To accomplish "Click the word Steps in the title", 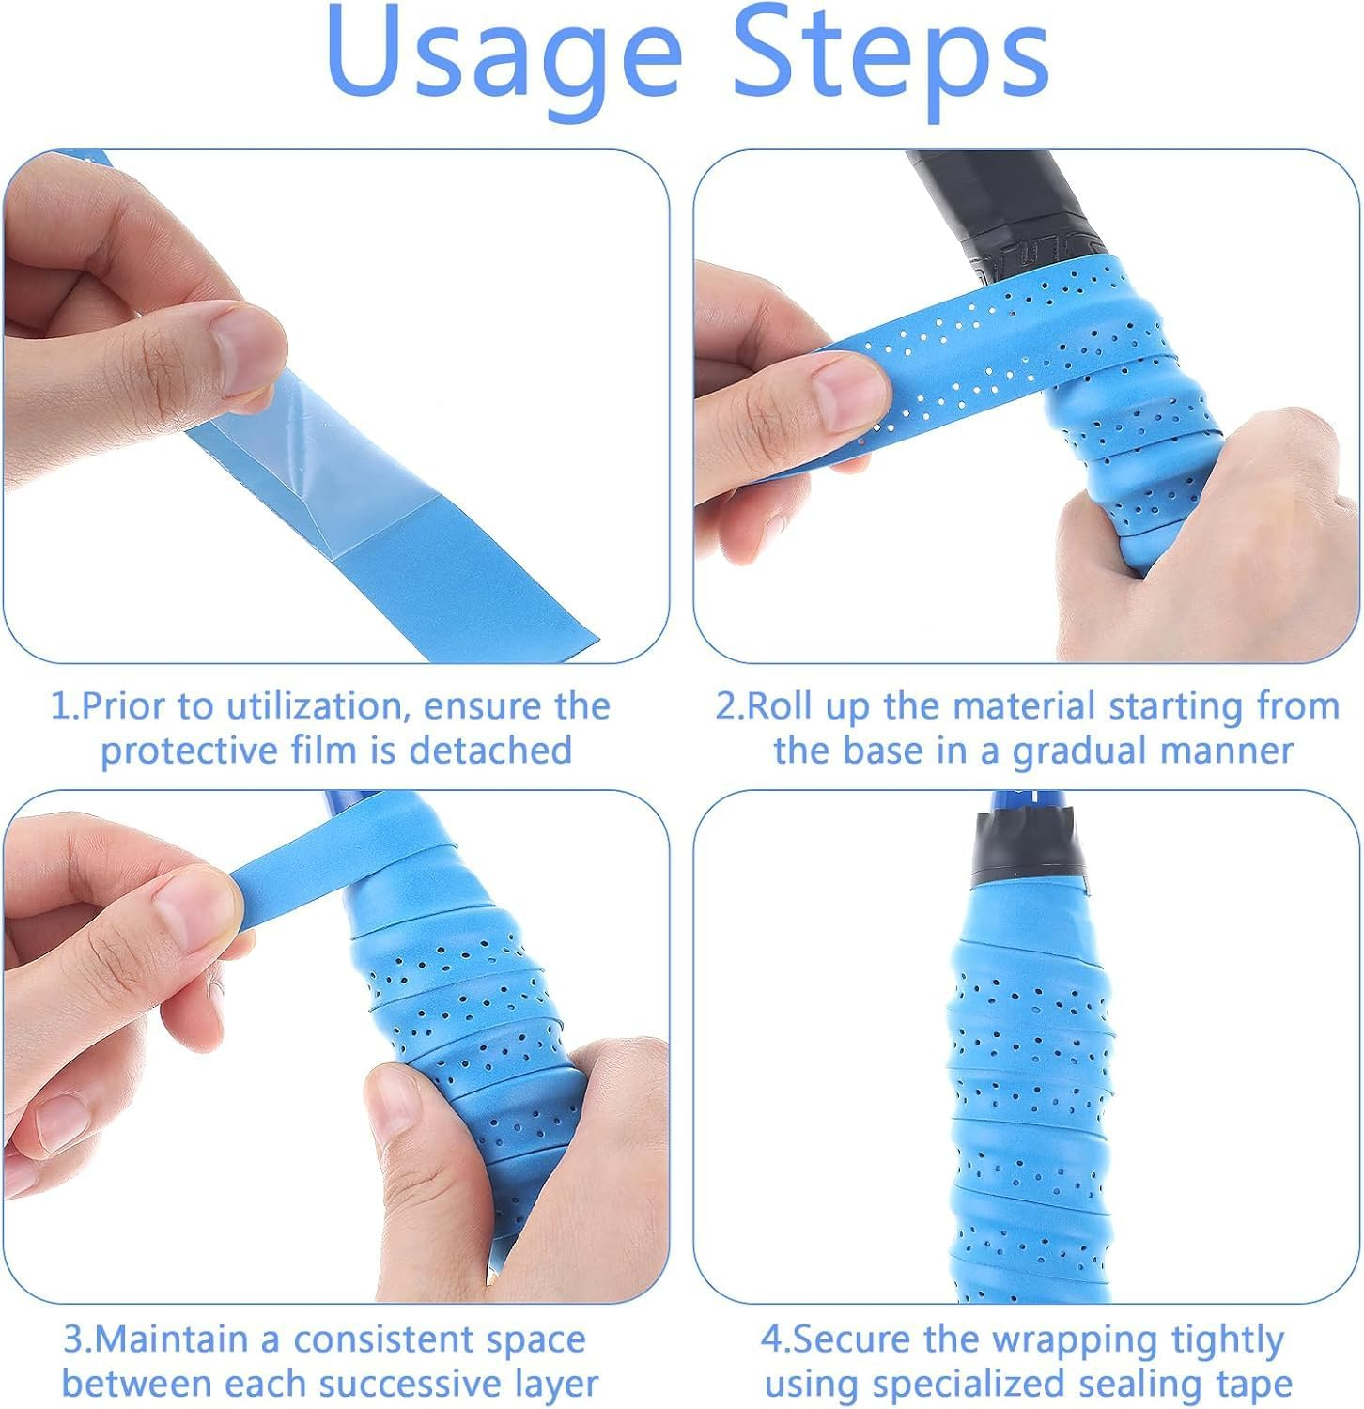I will coord(890,58).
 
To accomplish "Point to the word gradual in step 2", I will coord(1074,751).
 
